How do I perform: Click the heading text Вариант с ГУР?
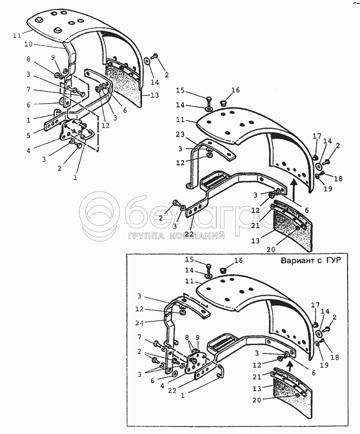click(311, 260)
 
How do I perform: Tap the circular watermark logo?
click(100, 215)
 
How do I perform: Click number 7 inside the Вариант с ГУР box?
click(142, 337)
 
